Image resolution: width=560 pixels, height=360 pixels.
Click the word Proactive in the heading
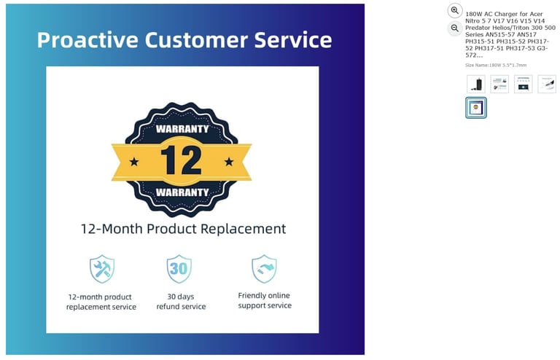point(87,39)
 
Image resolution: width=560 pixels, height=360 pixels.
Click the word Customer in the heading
point(196,39)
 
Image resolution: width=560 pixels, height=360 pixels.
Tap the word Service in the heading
point(293,39)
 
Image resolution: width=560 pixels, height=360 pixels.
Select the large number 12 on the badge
point(181,160)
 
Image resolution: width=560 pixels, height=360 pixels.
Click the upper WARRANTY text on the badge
point(182,129)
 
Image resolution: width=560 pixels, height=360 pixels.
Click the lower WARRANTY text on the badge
point(182,192)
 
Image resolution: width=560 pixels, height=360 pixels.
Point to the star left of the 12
point(134,162)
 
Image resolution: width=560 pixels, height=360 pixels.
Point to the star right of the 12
point(229,162)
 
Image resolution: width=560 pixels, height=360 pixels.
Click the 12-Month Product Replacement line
point(183,229)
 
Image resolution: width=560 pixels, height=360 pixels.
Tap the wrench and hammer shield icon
point(102,269)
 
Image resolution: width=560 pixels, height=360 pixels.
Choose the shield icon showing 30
point(179,269)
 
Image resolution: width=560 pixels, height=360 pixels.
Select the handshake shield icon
point(264,269)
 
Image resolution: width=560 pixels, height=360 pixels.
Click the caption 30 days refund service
point(181,302)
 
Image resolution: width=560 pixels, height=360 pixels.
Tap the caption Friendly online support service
point(265,300)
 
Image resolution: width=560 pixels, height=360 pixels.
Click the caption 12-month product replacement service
point(101,302)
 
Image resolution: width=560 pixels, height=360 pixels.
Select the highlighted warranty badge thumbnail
point(475,107)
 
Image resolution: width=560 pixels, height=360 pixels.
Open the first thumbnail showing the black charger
point(475,85)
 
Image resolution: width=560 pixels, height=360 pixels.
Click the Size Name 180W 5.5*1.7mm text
point(496,65)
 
